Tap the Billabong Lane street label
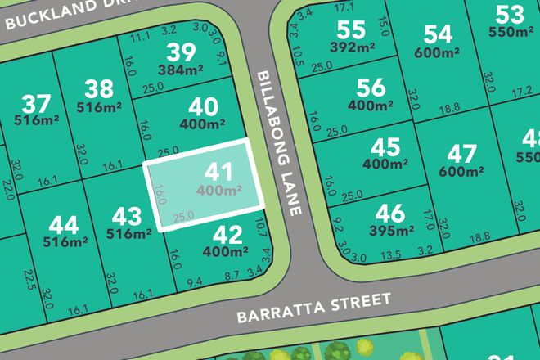(276, 142)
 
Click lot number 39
(180, 52)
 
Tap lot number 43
(127, 217)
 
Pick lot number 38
(99, 88)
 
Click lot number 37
(35, 105)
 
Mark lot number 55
(350, 29)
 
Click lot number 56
(371, 87)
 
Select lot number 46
(390, 214)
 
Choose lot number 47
(461, 154)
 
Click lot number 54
(438, 34)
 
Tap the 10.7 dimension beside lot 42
(262, 224)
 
